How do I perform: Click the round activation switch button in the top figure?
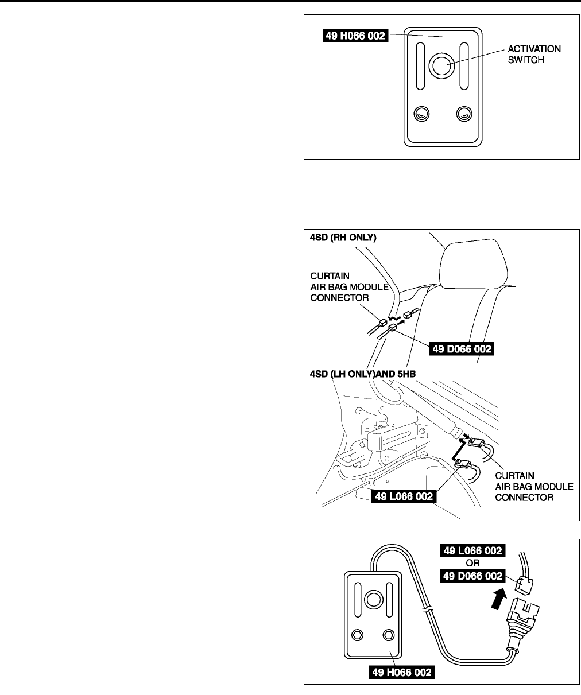[441, 66]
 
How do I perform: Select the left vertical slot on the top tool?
[420, 67]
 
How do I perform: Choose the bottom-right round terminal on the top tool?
[463, 114]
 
